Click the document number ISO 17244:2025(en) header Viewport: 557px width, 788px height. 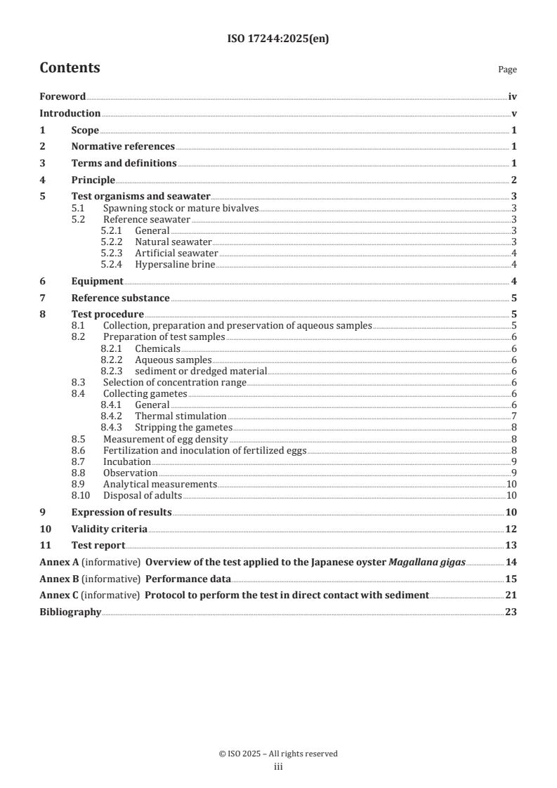click(x=278, y=39)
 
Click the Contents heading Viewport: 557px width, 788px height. click(x=70, y=68)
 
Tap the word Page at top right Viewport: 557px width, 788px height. click(x=507, y=70)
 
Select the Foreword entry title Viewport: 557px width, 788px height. click(x=63, y=97)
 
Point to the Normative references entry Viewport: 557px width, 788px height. click(x=123, y=147)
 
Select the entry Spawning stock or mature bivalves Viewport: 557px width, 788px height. click(x=181, y=209)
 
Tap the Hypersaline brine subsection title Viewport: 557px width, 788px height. click(x=175, y=264)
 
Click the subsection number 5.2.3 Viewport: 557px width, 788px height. click(x=111, y=253)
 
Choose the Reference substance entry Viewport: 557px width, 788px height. click(x=120, y=298)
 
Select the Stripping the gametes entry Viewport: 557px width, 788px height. click(x=183, y=427)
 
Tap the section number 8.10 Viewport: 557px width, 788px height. click(x=83, y=495)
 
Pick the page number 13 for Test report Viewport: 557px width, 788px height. click(x=511, y=546)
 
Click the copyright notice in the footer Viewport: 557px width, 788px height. click(x=278, y=754)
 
